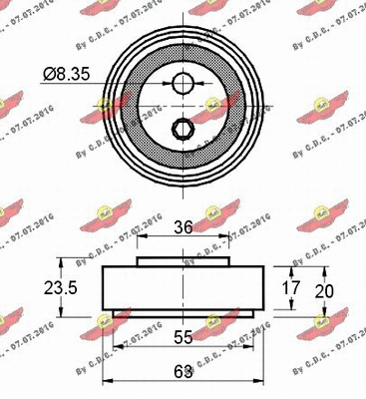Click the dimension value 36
pyautogui.click(x=183, y=226)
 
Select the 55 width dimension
pyautogui.click(x=183, y=337)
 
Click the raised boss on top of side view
pyautogui.click(x=183, y=261)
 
